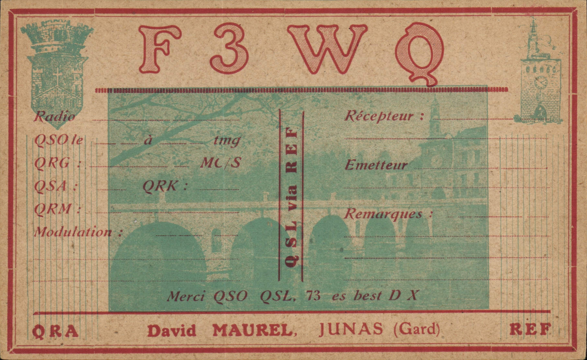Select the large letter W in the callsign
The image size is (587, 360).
327,49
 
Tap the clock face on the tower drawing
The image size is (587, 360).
541,83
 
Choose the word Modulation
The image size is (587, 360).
73,232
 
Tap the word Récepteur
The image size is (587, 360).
379,116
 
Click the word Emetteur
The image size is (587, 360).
376,165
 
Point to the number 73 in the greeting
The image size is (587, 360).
313,296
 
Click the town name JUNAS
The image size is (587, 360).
351,330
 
